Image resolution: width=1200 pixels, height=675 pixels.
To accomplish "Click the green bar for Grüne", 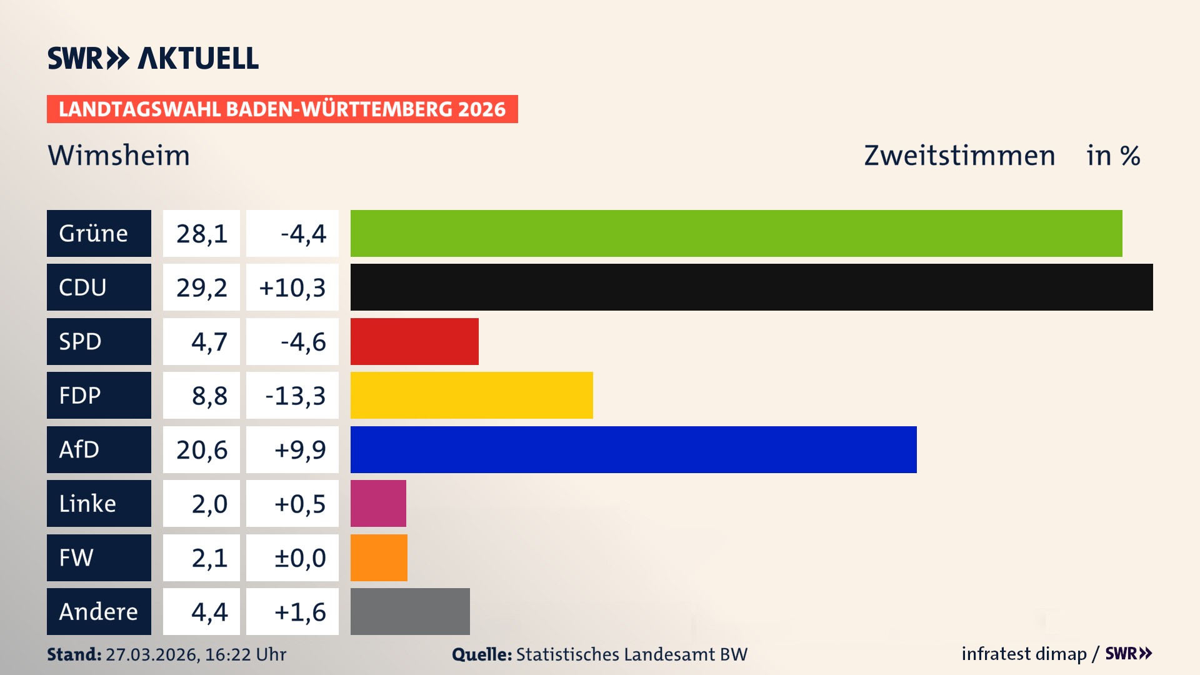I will [x=736, y=233].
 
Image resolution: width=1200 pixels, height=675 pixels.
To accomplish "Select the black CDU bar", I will [x=751, y=287].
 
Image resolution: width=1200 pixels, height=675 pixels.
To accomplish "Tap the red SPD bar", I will [x=414, y=341].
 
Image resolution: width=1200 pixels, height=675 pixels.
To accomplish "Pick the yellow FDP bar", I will [x=471, y=395].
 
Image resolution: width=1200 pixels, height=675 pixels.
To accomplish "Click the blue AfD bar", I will [x=633, y=449].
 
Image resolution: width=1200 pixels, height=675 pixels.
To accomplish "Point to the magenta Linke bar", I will [x=378, y=503].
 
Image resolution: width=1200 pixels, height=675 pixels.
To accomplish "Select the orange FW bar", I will [x=379, y=557].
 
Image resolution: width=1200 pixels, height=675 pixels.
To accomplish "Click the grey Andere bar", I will [x=410, y=611].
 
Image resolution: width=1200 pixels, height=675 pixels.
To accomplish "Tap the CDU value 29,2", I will [x=201, y=287].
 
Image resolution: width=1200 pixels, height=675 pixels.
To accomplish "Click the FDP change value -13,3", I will [x=295, y=396].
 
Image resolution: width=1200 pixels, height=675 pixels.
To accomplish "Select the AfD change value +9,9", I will [x=299, y=450].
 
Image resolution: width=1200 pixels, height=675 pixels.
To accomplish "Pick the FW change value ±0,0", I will [x=299, y=558].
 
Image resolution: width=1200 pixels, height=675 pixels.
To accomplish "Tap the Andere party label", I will [x=99, y=611].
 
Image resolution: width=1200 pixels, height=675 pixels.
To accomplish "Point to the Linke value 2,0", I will [x=209, y=504].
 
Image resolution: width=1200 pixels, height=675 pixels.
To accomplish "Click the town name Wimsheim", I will [x=119, y=155].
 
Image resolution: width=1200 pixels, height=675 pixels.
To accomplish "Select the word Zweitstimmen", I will [x=959, y=155].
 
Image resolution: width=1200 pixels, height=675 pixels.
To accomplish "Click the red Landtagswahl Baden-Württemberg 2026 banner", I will [x=282, y=109].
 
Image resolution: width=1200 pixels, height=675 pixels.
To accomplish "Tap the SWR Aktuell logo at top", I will [x=153, y=58].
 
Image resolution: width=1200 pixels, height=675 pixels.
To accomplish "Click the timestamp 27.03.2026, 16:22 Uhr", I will [x=196, y=654].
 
